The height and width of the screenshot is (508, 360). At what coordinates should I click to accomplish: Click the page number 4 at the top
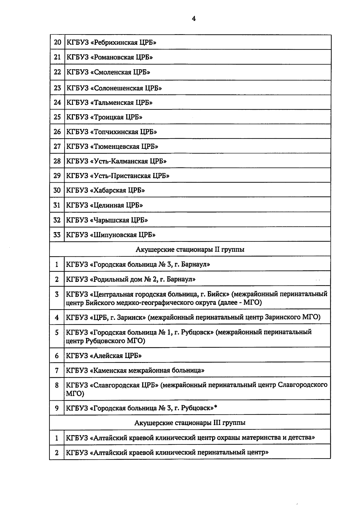[194, 19]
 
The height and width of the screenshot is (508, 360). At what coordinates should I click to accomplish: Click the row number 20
[57, 42]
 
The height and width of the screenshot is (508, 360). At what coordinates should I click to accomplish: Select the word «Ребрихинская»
[113, 42]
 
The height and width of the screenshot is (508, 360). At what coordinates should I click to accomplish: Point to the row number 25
[57, 117]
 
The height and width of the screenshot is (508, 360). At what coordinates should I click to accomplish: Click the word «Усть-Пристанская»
[120, 176]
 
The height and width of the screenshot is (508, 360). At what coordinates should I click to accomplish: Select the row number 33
[57, 235]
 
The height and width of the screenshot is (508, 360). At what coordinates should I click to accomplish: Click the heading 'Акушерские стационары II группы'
[190, 250]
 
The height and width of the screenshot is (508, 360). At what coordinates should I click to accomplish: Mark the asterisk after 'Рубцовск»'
[216, 407]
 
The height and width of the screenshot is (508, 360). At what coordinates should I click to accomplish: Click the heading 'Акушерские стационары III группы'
[190, 423]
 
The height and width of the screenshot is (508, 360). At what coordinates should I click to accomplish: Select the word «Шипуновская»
[113, 235]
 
